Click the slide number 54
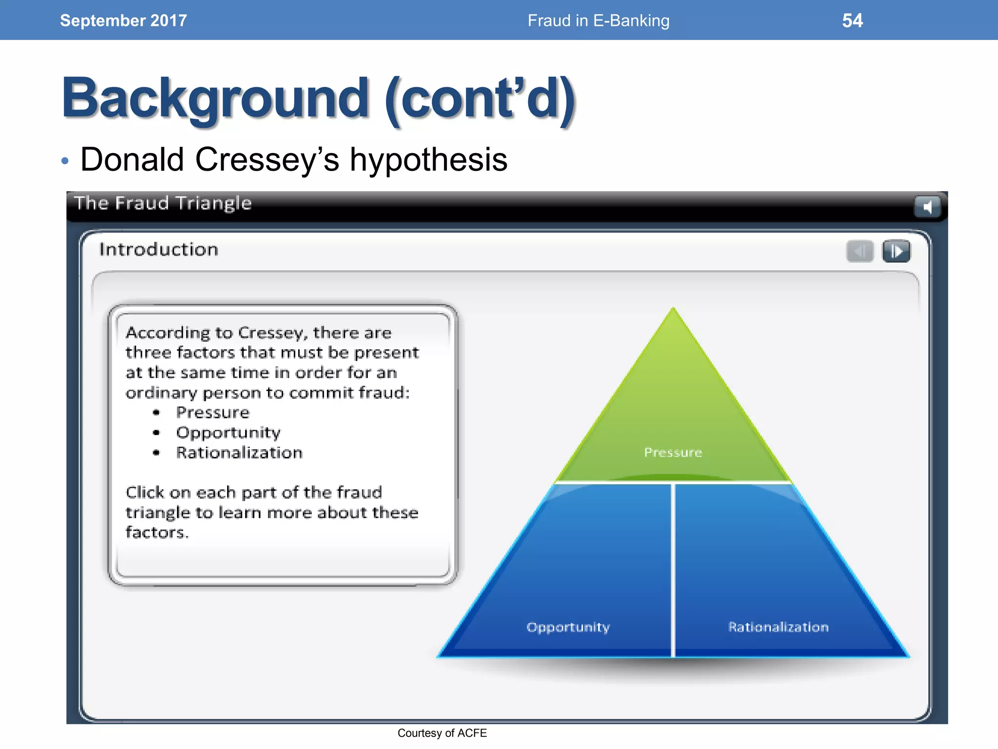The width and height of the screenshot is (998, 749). pyautogui.click(x=852, y=20)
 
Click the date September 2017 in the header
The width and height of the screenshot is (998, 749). pyautogui.click(x=123, y=20)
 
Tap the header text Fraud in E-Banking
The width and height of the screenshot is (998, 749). pyautogui.click(x=598, y=20)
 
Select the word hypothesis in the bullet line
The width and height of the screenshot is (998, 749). pyautogui.click(x=428, y=159)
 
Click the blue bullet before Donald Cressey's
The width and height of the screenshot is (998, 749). pyautogui.click(x=65, y=161)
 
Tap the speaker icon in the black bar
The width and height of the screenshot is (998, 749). pyautogui.click(x=926, y=207)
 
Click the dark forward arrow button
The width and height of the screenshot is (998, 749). pyautogui.click(x=896, y=252)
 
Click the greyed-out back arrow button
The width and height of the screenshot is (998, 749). pyautogui.click(x=860, y=252)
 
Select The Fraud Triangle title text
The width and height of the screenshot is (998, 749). pyautogui.click(x=163, y=203)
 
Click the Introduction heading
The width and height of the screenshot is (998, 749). pyautogui.click(x=159, y=250)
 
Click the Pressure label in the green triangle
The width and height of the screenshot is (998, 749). pyautogui.click(x=673, y=453)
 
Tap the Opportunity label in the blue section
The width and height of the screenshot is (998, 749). pyautogui.click(x=568, y=627)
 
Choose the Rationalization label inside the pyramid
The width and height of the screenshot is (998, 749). pyautogui.click(x=778, y=627)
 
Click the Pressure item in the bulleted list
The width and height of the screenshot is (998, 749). pyautogui.click(x=213, y=413)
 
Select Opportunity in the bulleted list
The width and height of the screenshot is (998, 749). pyautogui.click(x=229, y=433)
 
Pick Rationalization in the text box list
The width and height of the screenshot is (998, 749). pyautogui.click(x=239, y=453)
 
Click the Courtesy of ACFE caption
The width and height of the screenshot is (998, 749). pyautogui.click(x=442, y=733)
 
